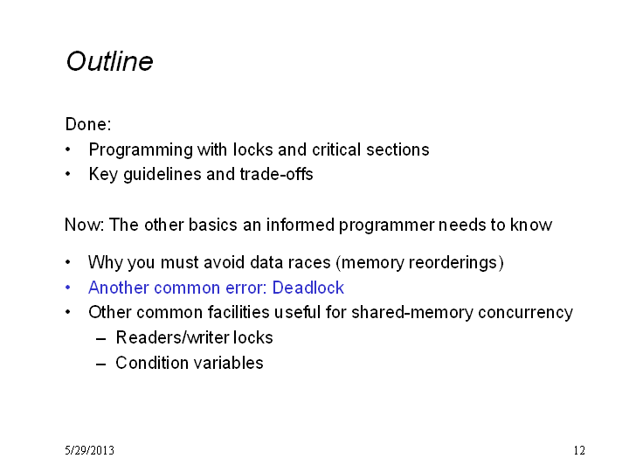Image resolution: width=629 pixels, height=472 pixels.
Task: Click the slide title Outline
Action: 109,61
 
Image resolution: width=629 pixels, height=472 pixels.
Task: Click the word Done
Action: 86,124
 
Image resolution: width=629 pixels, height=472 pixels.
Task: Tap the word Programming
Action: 141,150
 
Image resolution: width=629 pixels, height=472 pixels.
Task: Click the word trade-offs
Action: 276,174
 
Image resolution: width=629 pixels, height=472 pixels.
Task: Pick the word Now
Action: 82,225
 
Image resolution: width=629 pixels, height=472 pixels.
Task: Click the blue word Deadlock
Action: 308,288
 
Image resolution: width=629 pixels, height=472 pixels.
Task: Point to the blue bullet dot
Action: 68,288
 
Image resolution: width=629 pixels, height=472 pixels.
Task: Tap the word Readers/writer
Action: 172,337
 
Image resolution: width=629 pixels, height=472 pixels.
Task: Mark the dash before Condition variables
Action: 101,364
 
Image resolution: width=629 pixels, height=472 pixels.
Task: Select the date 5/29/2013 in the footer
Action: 89,450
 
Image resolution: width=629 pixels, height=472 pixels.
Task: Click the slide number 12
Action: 579,450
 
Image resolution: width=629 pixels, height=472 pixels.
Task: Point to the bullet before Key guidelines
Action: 68,174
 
